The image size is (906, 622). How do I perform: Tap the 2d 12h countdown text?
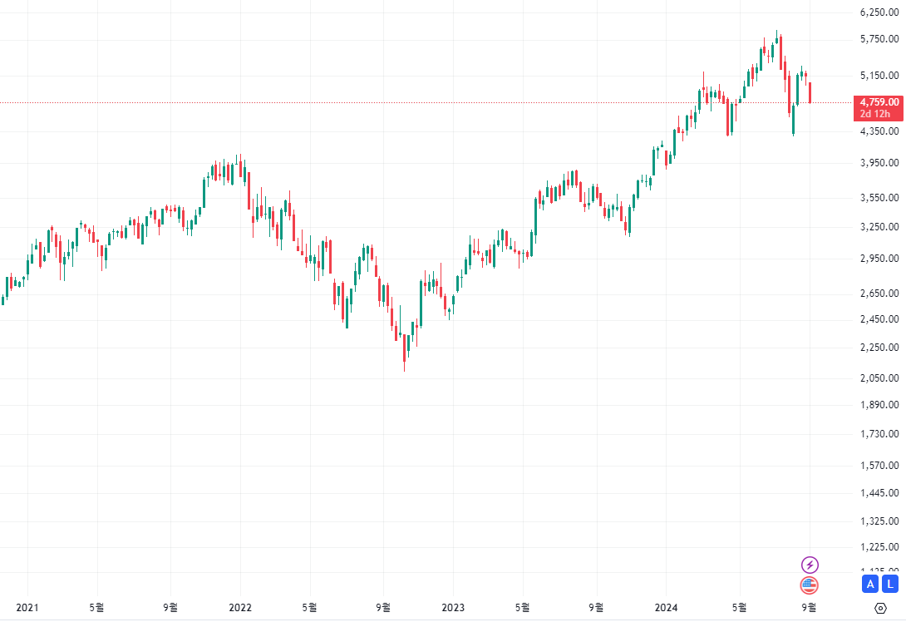875,114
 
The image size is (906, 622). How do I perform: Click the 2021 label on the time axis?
27,608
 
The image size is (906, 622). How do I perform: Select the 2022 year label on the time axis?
240,608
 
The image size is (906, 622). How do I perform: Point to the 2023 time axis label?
453,608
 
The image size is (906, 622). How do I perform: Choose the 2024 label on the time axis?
666,608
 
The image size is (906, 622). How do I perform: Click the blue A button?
870,584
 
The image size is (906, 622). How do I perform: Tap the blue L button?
890,584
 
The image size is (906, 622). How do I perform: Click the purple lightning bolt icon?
810,565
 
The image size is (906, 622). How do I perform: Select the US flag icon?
810,585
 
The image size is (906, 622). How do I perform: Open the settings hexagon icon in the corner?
881,608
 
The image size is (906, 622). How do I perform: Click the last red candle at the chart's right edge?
810,92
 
